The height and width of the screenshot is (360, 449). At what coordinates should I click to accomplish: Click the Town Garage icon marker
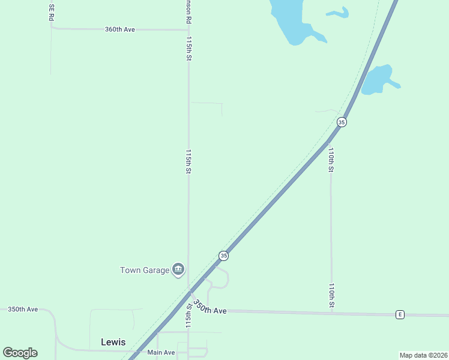tap(178, 270)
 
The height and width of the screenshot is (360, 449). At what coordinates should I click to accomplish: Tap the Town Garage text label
tap(145, 270)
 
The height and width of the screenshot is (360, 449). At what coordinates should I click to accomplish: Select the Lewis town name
tap(113, 342)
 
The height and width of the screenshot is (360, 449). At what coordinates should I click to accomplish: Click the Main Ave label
tap(161, 352)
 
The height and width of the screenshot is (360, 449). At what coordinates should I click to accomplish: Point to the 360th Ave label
tap(119, 29)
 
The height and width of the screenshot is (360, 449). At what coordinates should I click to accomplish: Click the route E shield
tap(399, 314)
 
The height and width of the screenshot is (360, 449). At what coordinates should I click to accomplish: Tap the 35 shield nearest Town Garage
tap(223, 256)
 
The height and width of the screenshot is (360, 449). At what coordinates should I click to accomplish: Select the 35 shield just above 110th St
tap(342, 122)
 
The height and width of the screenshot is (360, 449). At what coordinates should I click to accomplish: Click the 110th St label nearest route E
tap(331, 296)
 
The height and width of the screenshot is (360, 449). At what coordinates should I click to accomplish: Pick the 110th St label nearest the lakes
tap(331, 160)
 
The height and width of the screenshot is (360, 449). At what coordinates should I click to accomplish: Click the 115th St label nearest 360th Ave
tap(188, 48)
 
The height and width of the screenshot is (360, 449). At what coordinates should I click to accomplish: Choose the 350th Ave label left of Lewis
tap(23, 309)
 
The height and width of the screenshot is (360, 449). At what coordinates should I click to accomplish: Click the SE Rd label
tap(52, 13)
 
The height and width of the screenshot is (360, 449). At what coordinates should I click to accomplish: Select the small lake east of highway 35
tap(377, 80)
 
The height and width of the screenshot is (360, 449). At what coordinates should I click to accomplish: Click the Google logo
tap(20, 353)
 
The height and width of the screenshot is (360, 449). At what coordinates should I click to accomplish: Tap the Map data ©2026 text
tap(423, 355)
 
